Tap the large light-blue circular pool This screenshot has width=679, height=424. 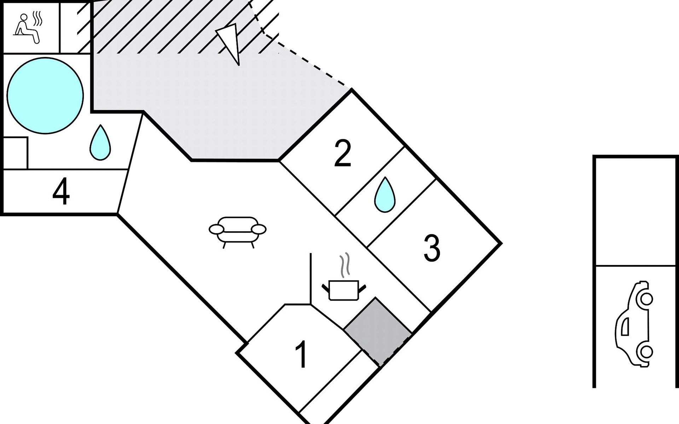point(45,95)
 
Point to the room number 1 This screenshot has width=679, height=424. point(301,355)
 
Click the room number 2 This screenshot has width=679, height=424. point(342,153)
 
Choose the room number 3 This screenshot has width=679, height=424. point(432,249)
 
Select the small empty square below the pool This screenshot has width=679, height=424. point(15,153)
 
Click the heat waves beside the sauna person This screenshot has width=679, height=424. point(37,18)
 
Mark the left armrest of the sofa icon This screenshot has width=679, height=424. point(216,229)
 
